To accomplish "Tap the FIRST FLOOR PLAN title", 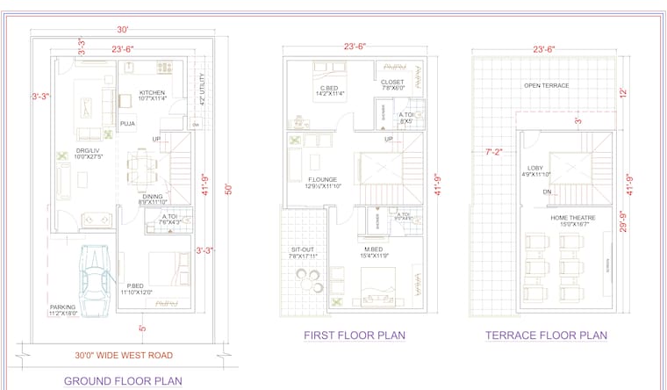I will click(x=355, y=335).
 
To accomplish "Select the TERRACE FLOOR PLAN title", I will click(x=546, y=335).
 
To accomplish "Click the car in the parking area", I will click(x=94, y=276).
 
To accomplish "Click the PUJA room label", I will click(x=127, y=125).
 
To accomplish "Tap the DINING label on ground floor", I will click(x=154, y=199).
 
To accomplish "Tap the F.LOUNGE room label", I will click(x=299, y=183).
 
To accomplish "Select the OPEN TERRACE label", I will click(x=547, y=85).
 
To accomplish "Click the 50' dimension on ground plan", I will click(x=228, y=189).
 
